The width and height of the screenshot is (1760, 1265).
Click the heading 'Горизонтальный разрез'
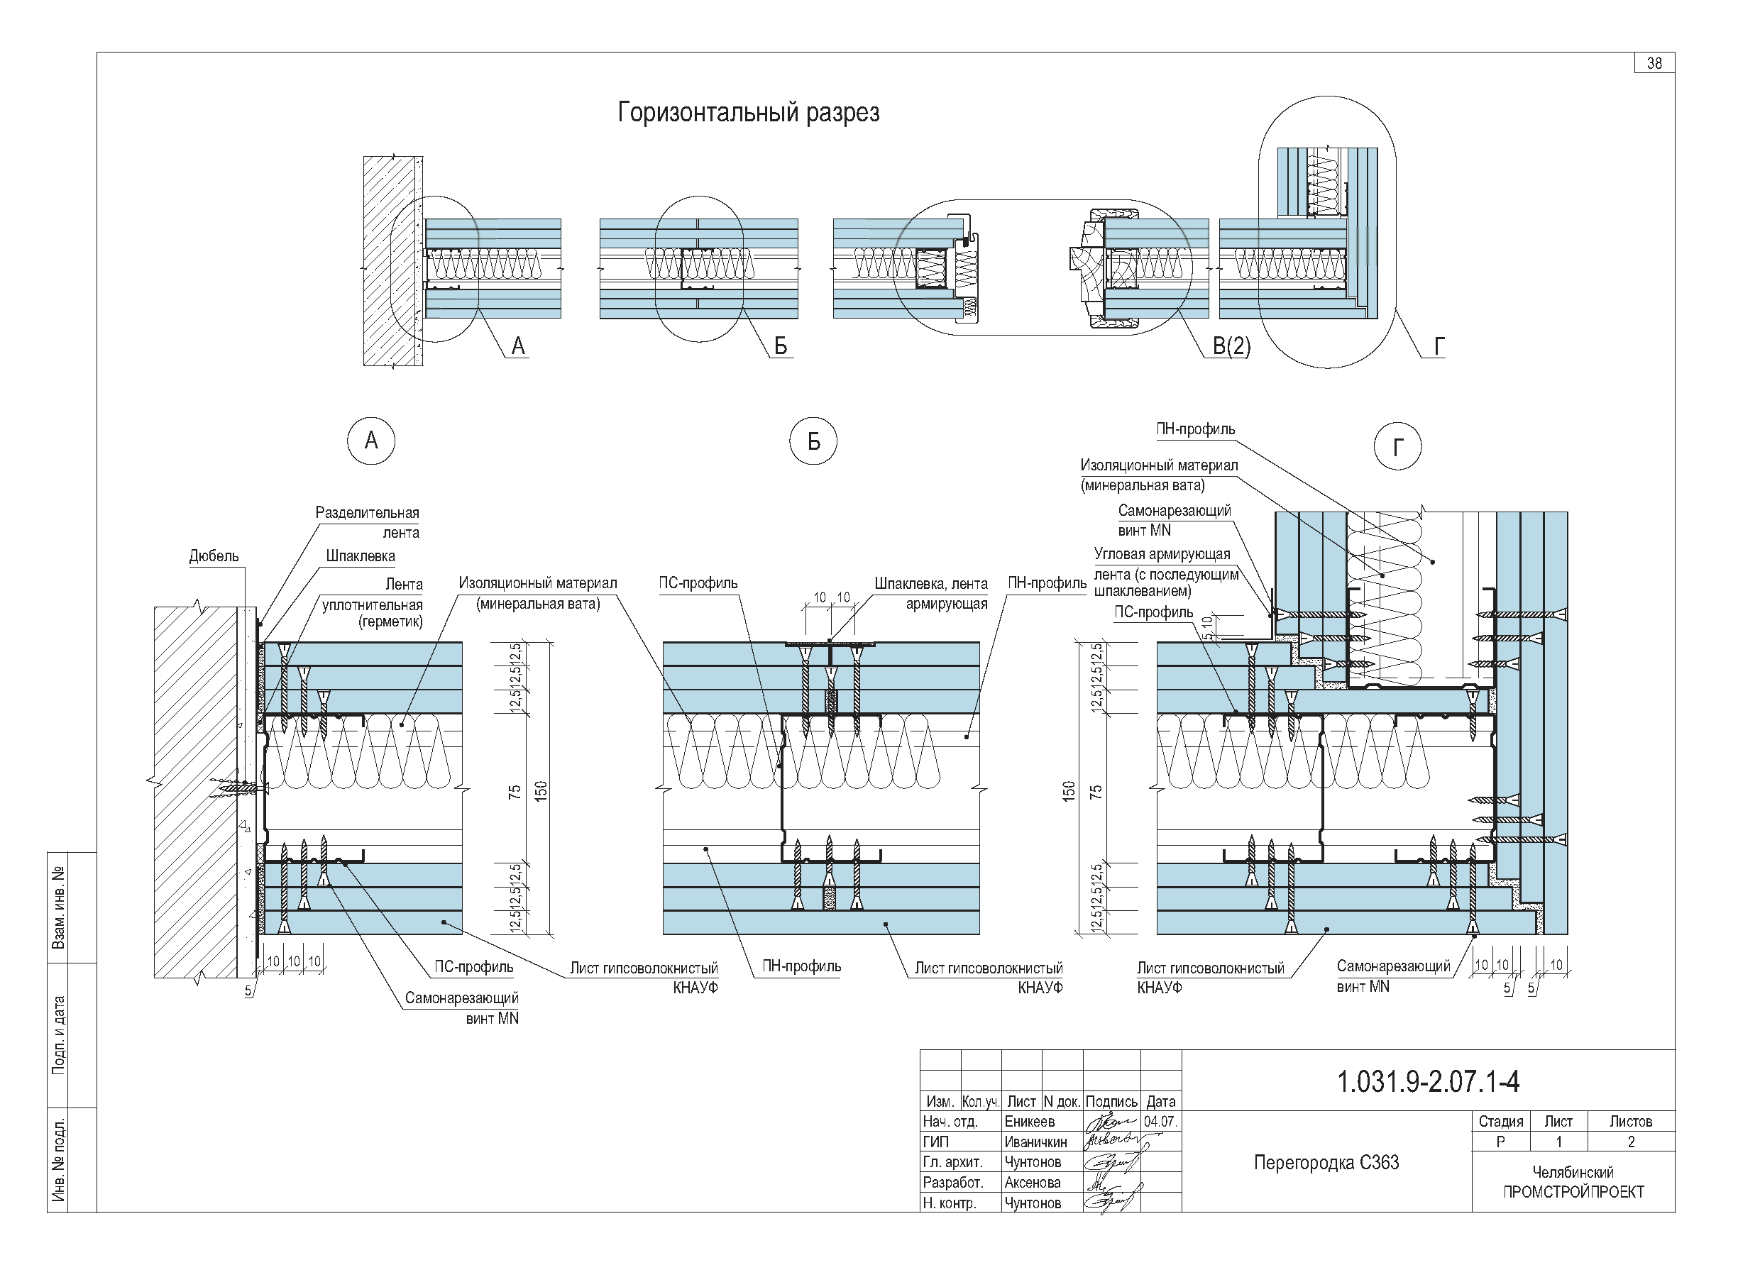748,114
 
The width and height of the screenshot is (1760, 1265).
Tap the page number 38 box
1654,64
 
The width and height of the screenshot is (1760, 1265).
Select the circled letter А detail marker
371,441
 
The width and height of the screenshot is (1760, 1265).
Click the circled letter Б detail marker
813,441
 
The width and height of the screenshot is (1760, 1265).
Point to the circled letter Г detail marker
1397,447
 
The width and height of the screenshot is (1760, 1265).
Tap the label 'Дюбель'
214,556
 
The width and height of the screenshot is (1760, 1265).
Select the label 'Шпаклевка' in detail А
360,556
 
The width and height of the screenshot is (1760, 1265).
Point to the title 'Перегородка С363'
1326,1163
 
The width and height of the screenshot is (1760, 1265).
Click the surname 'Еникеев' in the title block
1029,1122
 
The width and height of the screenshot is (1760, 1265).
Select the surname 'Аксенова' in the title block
1032,1183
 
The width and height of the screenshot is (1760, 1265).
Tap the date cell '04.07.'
1160,1122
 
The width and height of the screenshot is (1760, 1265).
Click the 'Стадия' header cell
1500,1122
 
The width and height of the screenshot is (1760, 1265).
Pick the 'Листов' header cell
1630,1122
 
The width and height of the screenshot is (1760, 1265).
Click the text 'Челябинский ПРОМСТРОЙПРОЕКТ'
1573,1183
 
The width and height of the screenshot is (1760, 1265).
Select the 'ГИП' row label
936,1142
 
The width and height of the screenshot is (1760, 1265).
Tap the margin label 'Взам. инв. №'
58,907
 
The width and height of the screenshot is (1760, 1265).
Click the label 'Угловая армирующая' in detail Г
1162,555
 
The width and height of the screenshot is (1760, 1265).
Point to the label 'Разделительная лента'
367,522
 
